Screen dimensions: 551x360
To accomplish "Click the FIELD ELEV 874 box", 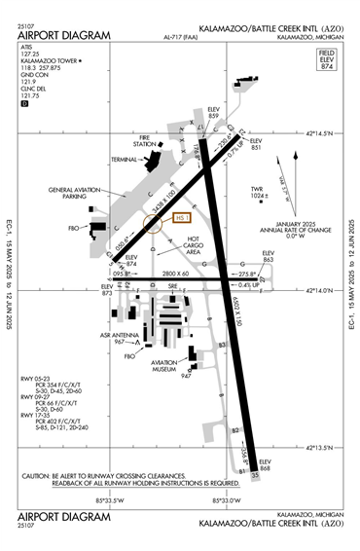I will click(x=327, y=58).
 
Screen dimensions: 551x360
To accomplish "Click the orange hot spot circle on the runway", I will click(x=153, y=224).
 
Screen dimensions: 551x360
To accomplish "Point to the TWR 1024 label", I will click(x=259, y=192).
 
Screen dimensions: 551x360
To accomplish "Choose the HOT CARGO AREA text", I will click(x=194, y=245).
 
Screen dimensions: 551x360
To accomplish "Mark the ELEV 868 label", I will click(x=265, y=466).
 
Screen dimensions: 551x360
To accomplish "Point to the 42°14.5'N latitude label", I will click(x=325, y=133).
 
